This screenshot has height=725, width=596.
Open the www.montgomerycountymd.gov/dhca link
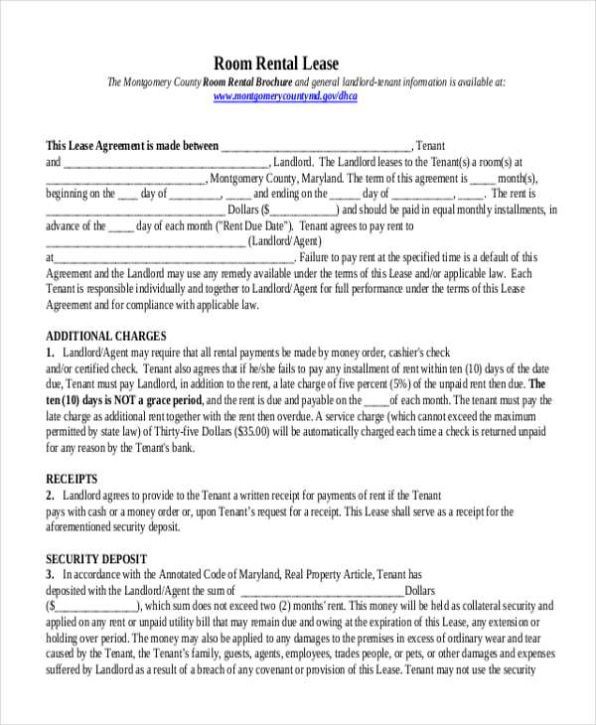click(x=285, y=96)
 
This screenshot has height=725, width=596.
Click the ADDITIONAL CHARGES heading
click(x=106, y=336)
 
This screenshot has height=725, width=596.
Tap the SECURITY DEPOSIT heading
click(x=96, y=558)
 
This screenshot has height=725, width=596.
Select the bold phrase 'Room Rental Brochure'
click(x=248, y=81)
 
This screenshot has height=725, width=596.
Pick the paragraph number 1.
click(x=50, y=353)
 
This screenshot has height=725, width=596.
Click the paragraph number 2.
click(x=50, y=496)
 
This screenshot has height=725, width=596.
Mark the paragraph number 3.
click(x=50, y=574)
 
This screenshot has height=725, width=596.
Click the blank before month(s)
click(x=481, y=178)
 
